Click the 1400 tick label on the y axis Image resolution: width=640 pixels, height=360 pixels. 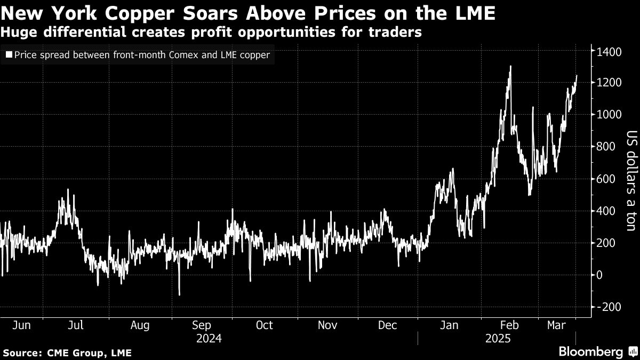coord(609,52)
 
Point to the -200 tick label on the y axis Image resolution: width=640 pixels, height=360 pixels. coord(609,307)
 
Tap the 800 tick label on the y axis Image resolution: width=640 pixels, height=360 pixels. coord(606,147)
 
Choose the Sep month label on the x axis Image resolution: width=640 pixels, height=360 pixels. coord(202,325)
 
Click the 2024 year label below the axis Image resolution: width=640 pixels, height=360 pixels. coord(209,338)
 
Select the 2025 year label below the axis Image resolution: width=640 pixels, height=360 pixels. coord(497,338)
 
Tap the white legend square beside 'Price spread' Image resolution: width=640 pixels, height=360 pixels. coord(9,55)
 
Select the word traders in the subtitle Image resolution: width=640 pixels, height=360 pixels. coord(394,33)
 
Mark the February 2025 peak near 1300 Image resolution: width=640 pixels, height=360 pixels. coord(510,67)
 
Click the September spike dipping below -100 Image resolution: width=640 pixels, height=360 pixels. coord(179,294)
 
